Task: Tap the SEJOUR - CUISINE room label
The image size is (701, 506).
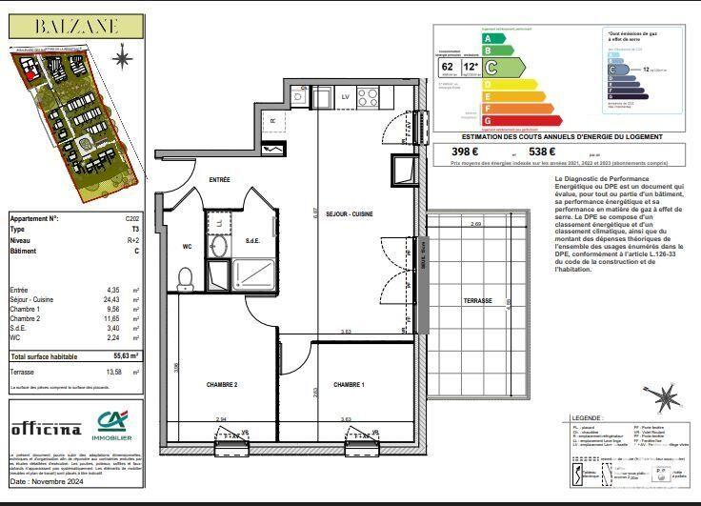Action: pyautogui.click(x=350, y=214)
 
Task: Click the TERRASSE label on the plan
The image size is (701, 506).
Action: pyautogui.click(x=477, y=300)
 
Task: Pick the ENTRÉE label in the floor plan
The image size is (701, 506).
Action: pyautogui.click(x=220, y=179)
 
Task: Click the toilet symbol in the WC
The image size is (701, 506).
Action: pyautogui.click(x=186, y=277)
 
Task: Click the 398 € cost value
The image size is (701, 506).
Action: pyautogui.click(x=466, y=151)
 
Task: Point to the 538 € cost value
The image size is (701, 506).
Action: pyautogui.click(x=542, y=151)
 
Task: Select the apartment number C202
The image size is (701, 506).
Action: pyautogui.click(x=132, y=218)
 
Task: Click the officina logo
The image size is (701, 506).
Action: pyautogui.click(x=46, y=429)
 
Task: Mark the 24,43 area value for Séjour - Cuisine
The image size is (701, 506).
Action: pyautogui.click(x=115, y=299)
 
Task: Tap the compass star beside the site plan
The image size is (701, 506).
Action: pyautogui.click(x=121, y=59)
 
